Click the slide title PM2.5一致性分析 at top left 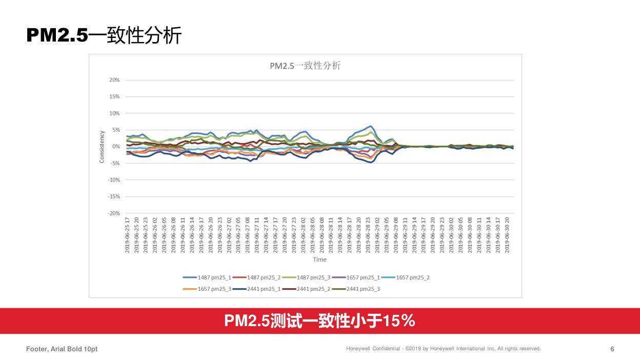click(104, 35)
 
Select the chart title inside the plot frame click(305, 66)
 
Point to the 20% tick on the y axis click(114, 80)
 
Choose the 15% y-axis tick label click(114, 96)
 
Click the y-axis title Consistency click(102, 147)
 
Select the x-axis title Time click(319, 259)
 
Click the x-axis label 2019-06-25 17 click(128, 234)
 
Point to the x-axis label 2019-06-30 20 click(508, 234)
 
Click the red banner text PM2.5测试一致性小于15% click(319, 321)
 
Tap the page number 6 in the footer click(612, 349)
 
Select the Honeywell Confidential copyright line click(443, 349)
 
